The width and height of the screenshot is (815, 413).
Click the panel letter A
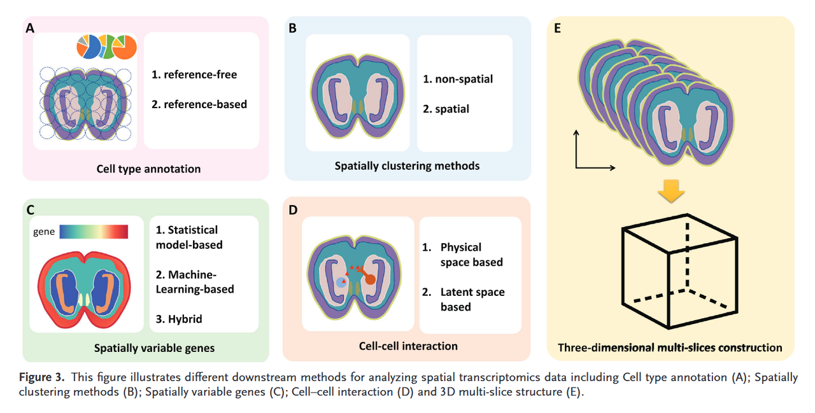click(30, 28)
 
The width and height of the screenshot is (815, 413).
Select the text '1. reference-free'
click(194, 74)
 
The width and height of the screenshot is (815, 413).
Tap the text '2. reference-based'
click(199, 104)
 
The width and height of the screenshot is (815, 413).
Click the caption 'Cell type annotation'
click(148, 169)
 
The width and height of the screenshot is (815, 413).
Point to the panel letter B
click(292, 29)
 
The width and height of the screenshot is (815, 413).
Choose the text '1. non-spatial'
click(458, 80)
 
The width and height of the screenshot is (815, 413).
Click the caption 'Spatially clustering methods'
click(407, 166)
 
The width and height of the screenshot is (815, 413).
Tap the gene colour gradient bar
click(94, 231)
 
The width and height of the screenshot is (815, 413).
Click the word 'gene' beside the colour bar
click(44, 232)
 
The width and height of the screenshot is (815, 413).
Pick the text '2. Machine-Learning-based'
click(195, 282)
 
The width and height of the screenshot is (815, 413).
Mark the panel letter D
click(293, 209)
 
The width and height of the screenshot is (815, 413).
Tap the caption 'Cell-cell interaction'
click(408, 346)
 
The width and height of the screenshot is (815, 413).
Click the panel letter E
click(557, 29)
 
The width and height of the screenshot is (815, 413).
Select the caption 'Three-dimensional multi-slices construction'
click(670, 347)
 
